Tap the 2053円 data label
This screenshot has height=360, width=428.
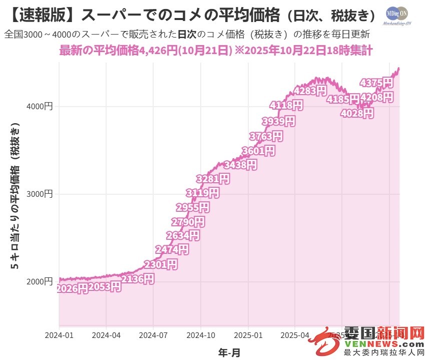(x=105, y=287)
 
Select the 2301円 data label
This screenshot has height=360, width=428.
(x=161, y=264)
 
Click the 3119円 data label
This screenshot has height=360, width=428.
(x=202, y=193)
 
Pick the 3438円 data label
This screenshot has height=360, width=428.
(x=241, y=164)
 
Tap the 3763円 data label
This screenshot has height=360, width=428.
(x=266, y=136)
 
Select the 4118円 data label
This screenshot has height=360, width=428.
(x=286, y=105)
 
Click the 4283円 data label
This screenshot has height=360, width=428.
(x=310, y=91)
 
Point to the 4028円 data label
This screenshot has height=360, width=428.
(x=357, y=114)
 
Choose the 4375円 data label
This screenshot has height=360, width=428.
(x=377, y=83)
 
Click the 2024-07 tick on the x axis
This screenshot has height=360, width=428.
(x=154, y=334)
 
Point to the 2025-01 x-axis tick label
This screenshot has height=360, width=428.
(x=248, y=334)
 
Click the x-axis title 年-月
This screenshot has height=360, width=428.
(x=229, y=352)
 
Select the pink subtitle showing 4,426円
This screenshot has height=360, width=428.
(x=216, y=51)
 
